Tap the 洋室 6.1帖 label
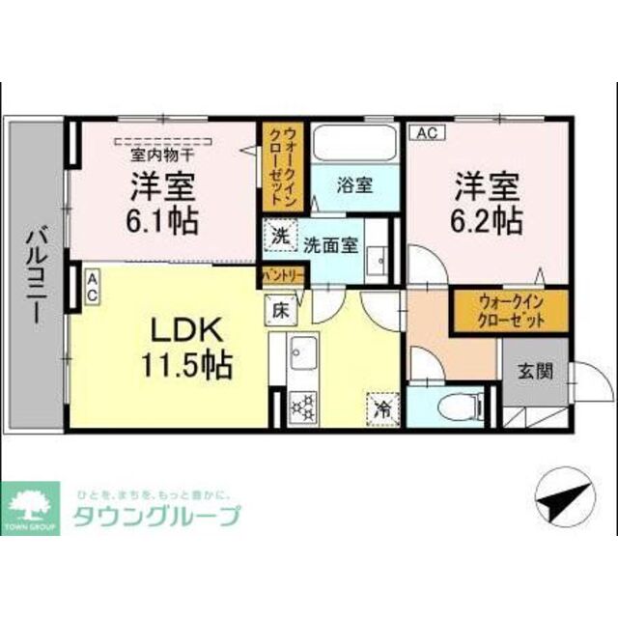tap(160, 203)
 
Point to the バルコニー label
tap(36, 274)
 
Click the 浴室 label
tap(354, 186)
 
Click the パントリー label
tap(281, 275)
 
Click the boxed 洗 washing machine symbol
tap(278, 235)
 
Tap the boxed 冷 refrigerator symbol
tap(381, 408)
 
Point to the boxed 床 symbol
tap(277, 311)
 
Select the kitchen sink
tap(302, 352)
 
